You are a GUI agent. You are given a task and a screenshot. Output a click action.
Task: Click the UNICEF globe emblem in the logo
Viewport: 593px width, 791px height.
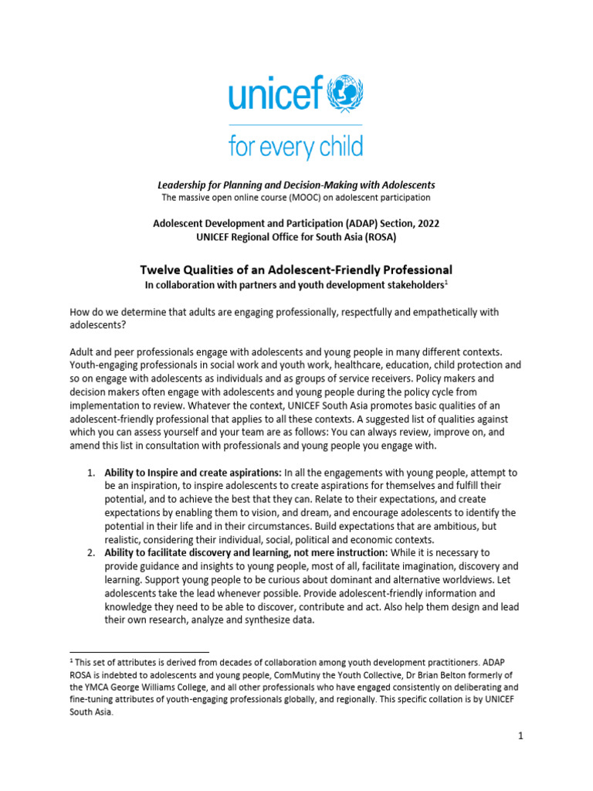coord(342,93)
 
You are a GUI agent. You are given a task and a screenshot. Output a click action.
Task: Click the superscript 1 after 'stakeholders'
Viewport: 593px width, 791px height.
coord(446,282)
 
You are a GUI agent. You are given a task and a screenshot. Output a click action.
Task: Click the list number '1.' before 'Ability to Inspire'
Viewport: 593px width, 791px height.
coord(90,471)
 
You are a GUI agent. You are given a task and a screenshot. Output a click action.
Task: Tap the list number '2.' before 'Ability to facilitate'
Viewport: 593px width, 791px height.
coord(90,553)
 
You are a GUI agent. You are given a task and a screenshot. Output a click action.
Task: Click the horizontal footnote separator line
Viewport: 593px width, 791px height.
coord(139,652)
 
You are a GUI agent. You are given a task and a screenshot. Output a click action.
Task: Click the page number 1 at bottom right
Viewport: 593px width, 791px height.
coord(521,736)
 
